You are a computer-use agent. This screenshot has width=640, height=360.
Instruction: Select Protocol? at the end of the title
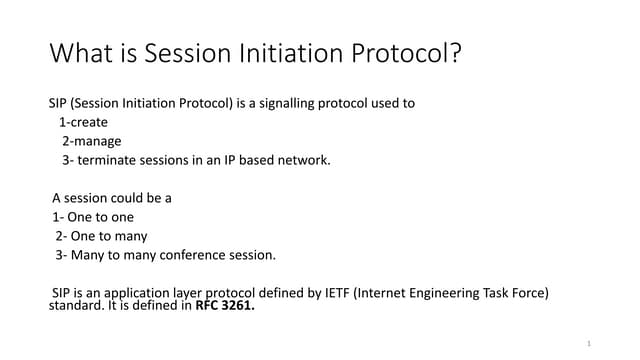[x=410, y=53]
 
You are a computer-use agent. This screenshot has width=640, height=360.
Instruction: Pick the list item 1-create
[x=84, y=122]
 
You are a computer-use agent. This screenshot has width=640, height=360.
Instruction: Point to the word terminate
[x=107, y=160]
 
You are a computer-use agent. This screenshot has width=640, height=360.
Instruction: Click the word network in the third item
[x=303, y=160]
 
